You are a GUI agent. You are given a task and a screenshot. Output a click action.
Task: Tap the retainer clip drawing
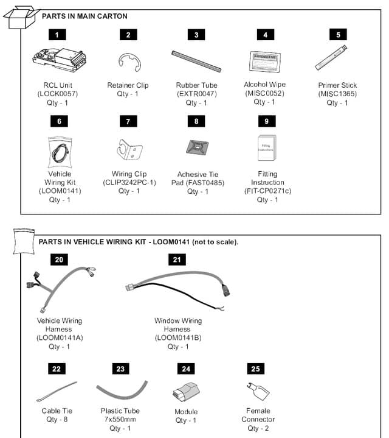point(128,61)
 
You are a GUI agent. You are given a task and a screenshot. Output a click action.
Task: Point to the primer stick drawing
point(331,58)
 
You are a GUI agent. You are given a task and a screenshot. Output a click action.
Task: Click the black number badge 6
point(59,122)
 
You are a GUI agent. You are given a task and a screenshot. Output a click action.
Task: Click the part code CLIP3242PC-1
point(129,182)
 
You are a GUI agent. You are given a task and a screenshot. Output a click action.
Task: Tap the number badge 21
point(177,260)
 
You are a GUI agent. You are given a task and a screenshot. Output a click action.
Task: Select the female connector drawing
point(258,390)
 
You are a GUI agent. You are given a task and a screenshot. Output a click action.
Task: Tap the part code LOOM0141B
point(177,337)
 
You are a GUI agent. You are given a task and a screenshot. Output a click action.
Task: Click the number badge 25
point(255,369)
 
